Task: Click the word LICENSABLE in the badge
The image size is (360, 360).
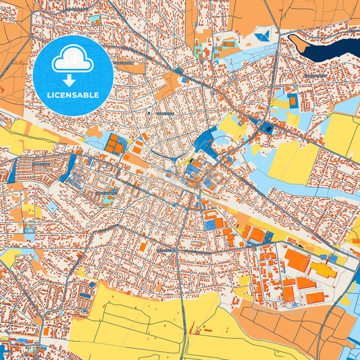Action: point(73,95)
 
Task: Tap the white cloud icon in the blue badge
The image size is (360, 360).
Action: point(73,61)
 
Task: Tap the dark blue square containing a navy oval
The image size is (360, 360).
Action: point(268,128)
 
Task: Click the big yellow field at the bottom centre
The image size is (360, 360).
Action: point(135,324)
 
